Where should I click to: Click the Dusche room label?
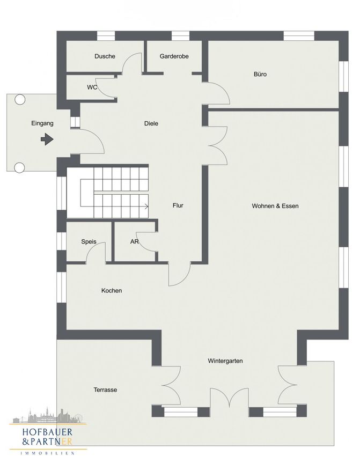point(105,56)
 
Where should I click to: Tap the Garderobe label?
point(174,56)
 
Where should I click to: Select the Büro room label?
point(260,74)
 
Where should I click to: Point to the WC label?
point(92,87)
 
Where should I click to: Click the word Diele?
point(151,123)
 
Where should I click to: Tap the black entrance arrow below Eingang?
point(47,139)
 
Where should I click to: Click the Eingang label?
point(42,123)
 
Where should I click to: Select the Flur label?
point(178,205)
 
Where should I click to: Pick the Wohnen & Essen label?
point(275,206)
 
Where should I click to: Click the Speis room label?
point(89,241)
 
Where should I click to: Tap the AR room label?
point(134,241)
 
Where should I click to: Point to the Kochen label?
point(112,291)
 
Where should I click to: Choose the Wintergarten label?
point(225,361)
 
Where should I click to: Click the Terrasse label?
point(105,389)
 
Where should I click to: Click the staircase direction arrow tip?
point(148,207)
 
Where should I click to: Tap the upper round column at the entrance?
point(20,100)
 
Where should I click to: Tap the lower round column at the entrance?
point(19,167)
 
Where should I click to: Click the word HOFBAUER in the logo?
point(47,432)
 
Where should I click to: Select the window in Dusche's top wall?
point(106,36)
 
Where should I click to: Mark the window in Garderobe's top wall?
point(181,36)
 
